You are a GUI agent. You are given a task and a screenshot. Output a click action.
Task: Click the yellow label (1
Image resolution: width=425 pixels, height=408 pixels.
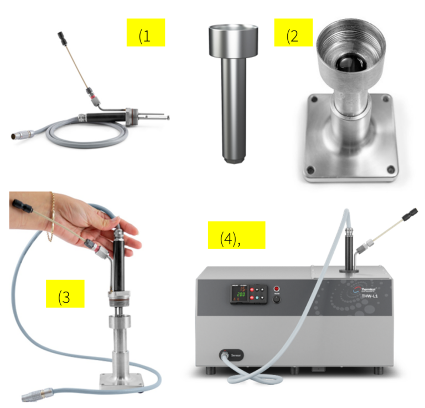[x=146, y=36]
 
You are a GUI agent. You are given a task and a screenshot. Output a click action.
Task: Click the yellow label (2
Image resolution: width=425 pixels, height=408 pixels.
[x=293, y=37]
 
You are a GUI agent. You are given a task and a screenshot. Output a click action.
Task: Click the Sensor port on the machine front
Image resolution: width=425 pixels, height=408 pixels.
[x=225, y=354]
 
